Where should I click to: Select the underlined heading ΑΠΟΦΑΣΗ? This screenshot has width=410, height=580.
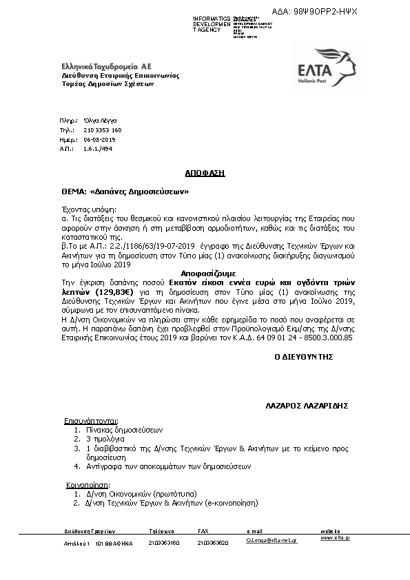pos(205,172)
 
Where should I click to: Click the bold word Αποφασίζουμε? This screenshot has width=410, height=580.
pos(204,273)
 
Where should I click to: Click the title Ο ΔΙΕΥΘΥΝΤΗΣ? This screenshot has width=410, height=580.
pos(304,357)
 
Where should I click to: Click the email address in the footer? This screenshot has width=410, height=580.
pos(271,543)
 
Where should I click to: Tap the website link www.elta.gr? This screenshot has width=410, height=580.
pos(335,537)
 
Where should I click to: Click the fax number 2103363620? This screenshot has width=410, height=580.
pos(213,543)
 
